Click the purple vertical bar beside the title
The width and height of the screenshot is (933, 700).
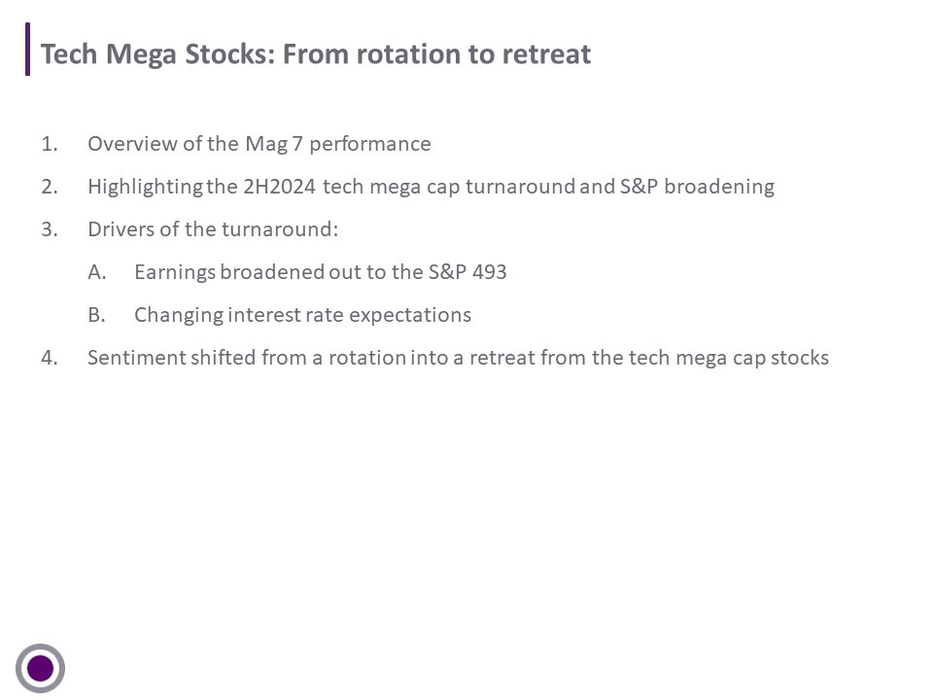(27, 49)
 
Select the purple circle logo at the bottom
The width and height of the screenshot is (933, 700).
(41, 668)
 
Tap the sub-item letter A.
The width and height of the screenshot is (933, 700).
(97, 272)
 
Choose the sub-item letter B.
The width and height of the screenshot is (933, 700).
(96, 315)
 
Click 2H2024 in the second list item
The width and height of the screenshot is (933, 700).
(279, 187)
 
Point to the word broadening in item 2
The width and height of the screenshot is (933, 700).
(719, 187)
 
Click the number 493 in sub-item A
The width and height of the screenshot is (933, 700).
(489, 272)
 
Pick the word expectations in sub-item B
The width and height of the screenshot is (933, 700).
(410, 315)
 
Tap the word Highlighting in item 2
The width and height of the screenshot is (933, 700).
(145, 188)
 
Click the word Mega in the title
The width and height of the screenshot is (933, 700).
(141, 55)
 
